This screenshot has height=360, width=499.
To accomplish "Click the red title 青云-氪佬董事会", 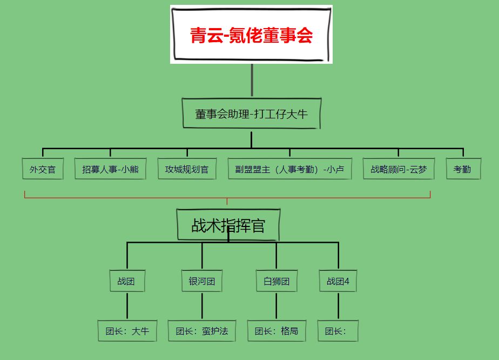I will pos(251,35).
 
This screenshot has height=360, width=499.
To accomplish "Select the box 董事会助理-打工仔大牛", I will pos(252,114).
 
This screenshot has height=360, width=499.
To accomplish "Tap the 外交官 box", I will pos(43,169).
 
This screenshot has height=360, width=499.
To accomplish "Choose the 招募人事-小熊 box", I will pos(111,169).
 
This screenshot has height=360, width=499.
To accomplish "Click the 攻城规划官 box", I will pos(187,169).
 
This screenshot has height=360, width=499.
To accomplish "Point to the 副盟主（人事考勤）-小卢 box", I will pos(289,169).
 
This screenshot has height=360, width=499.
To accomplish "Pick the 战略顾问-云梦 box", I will pos(399,169).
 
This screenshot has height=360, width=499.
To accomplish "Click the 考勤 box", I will pos(463,169).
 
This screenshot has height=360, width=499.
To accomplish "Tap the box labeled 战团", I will pos(127,281).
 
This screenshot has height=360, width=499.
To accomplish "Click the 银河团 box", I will pos(202,281).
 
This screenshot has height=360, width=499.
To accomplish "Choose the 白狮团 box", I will pos(277,281).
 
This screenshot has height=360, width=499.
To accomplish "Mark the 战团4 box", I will pos(338,281).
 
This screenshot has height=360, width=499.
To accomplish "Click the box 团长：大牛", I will pos(127,331).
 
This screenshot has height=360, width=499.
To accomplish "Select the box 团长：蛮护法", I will pos(202,331).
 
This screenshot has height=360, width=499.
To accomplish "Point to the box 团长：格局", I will pos(277,331).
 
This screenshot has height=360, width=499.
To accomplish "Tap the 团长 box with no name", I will pos(338,331).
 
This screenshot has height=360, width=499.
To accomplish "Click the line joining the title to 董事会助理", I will pos(252,80).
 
